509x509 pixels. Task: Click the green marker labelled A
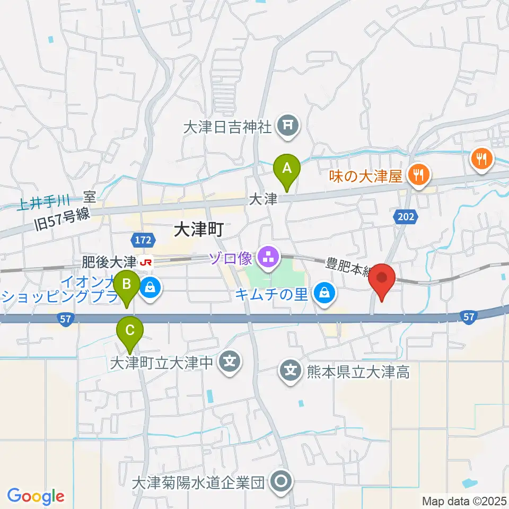point(287,169)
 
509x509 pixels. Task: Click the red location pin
point(382,278)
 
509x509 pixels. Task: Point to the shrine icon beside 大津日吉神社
point(287,126)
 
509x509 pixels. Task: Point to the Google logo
point(36,496)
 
